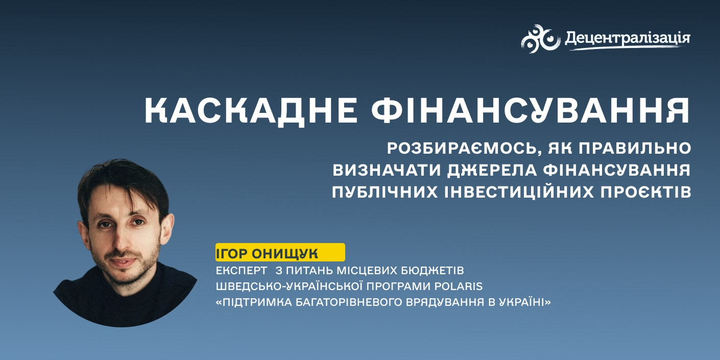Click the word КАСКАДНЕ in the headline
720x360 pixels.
point(251,111)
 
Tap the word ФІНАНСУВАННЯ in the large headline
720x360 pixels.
point(531,110)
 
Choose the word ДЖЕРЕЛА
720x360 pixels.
point(492,171)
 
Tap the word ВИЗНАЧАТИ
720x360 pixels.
point(387,171)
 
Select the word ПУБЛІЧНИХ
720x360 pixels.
point(385,192)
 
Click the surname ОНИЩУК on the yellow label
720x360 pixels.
point(285,254)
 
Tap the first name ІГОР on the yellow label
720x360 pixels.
point(231,254)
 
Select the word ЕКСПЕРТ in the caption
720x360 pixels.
point(242,271)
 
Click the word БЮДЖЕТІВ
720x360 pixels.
point(432,271)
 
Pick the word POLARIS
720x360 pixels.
point(459,286)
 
